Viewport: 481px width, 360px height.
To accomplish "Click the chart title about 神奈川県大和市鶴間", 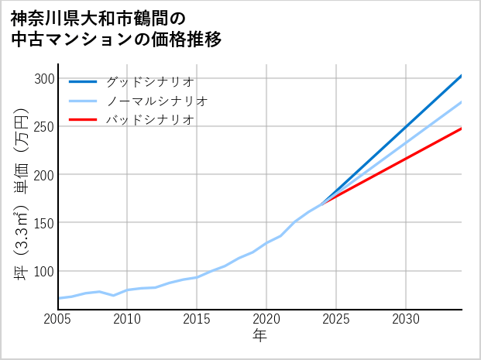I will [x=116, y=29].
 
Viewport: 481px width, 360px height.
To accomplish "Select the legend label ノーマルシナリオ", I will [x=156, y=101].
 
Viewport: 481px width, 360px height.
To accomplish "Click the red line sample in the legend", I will [x=83, y=120].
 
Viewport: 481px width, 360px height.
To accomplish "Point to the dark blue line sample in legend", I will [x=83, y=81].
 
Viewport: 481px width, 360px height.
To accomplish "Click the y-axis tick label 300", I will [x=46, y=78].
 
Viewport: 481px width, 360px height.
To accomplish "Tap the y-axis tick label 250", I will [x=46, y=126].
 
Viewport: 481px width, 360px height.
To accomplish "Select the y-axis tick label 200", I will [x=46, y=174].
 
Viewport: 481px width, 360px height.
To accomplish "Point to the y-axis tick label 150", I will [x=46, y=223].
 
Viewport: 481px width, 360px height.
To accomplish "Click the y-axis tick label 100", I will [x=46, y=271].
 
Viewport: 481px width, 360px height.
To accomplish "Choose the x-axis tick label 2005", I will [x=58, y=319].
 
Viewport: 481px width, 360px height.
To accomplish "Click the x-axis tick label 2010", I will [x=128, y=319].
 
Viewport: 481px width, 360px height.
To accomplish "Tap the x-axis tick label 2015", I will [x=198, y=319].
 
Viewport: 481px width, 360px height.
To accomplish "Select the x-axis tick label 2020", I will [x=266, y=319].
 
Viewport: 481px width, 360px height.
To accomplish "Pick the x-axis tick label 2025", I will [x=336, y=319].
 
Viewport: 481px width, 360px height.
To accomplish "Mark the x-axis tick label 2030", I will [x=406, y=319].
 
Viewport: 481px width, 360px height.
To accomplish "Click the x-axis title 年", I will [x=260, y=336].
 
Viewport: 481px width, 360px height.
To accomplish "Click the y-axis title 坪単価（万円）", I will [x=22, y=194].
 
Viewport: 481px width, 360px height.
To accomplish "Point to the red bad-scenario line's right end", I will [x=461, y=129].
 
